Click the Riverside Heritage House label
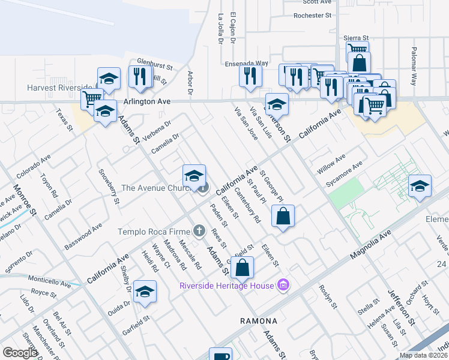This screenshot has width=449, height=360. (x=226, y=285)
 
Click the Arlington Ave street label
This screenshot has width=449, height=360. (x=147, y=102)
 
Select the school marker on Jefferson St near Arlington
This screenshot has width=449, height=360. (x=277, y=104)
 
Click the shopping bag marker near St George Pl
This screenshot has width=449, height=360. (x=283, y=216)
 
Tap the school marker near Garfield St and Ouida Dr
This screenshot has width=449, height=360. (x=145, y=292)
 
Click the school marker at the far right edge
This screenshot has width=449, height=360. (x=420, y=185)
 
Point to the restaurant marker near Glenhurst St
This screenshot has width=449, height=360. (x=139, y=77)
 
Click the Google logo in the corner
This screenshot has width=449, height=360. (x=20, y=353)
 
